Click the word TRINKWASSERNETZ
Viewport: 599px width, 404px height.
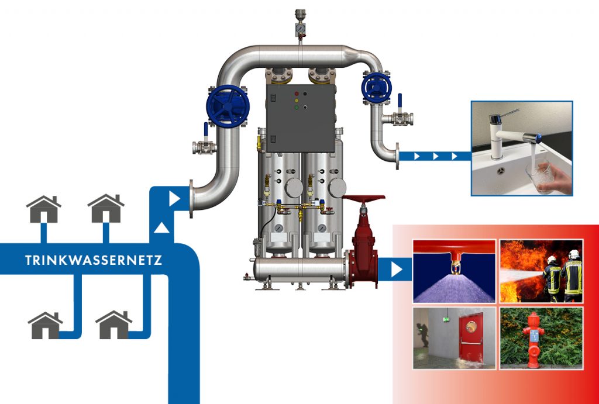pos(94,260)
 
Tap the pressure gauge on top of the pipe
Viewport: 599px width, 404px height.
pos(299,27)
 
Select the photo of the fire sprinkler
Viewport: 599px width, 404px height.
pos(454,271)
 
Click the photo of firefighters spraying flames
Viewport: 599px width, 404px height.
pos(541,271)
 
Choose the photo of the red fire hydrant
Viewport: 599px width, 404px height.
pos(541,338)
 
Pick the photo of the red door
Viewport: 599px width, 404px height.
pos(454,338)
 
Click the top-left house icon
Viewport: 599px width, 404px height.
pos(44,209)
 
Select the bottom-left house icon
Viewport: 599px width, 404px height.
pos(45,326)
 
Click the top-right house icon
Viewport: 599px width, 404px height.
pos(106,209)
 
